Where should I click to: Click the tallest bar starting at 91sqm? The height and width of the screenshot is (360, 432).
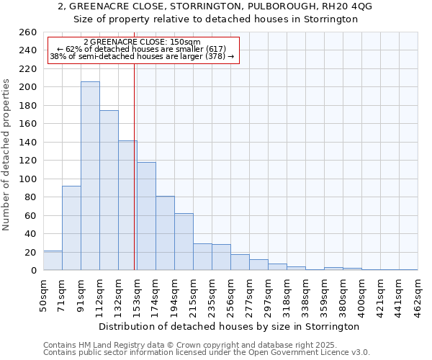(x=90, y=176)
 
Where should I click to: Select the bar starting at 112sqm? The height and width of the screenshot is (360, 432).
(x=109, y=190)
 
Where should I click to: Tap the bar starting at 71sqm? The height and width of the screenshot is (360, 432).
(x=71, y=228)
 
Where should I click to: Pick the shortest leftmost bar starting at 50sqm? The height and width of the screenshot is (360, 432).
(x=53, y=261)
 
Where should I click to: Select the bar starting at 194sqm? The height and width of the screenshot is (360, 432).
(x=184, y=242)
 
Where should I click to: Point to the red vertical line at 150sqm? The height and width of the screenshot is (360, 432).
(x=135, y=166)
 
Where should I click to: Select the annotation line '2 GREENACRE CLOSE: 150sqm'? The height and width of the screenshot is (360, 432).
(x=142, y=42)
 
